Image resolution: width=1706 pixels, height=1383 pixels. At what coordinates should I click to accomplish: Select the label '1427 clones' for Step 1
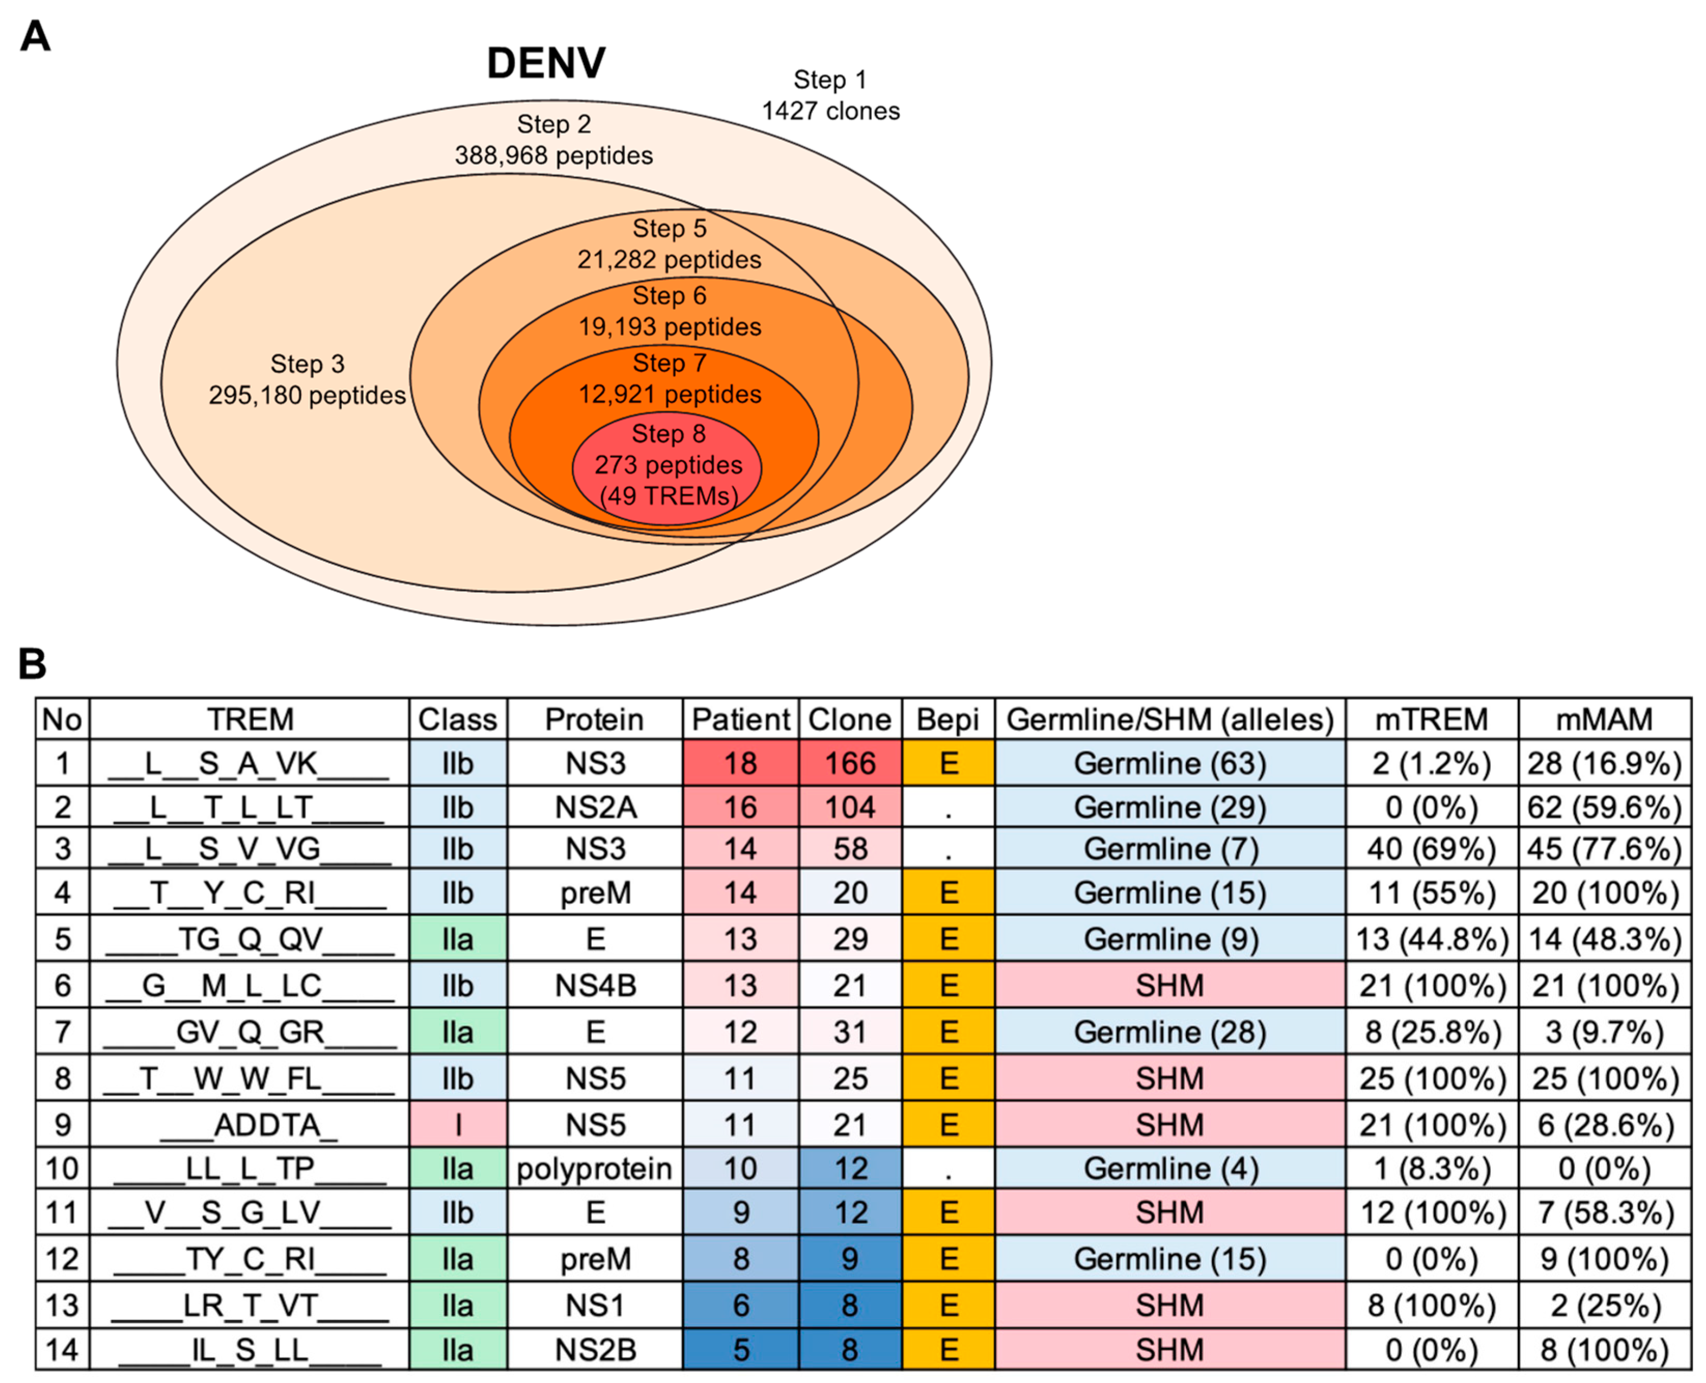click(x=830, y=111)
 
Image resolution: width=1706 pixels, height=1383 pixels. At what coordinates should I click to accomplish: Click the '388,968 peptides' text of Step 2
click(x=554, y=156)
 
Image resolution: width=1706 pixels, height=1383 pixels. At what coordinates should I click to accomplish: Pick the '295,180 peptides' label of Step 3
click(x=307, y=395)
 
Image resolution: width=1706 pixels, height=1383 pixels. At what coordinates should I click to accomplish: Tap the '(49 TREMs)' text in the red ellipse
click(x=668, y=496)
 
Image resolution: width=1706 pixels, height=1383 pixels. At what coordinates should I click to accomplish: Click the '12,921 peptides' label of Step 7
click(x=669, y=394)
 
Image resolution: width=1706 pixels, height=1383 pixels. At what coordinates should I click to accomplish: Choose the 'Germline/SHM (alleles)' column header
click(x=1169, y=719)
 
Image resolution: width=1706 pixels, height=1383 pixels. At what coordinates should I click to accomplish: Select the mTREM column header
click(x=1431, y=719)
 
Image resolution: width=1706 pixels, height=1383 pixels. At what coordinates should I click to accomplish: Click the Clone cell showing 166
click(x=850, y=763)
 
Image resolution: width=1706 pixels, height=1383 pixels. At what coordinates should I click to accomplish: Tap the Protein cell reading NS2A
click(x=595, y=807)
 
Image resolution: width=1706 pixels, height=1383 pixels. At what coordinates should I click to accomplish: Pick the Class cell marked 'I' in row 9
click(x=458, y=1125)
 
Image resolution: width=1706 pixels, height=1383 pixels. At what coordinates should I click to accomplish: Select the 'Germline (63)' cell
click(x=1169, y=763)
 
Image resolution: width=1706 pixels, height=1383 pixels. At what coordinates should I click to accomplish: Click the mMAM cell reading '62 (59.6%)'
click(x=1604, y=807)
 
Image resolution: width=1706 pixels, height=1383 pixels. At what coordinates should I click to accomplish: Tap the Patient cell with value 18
click(x=740, y=763)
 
